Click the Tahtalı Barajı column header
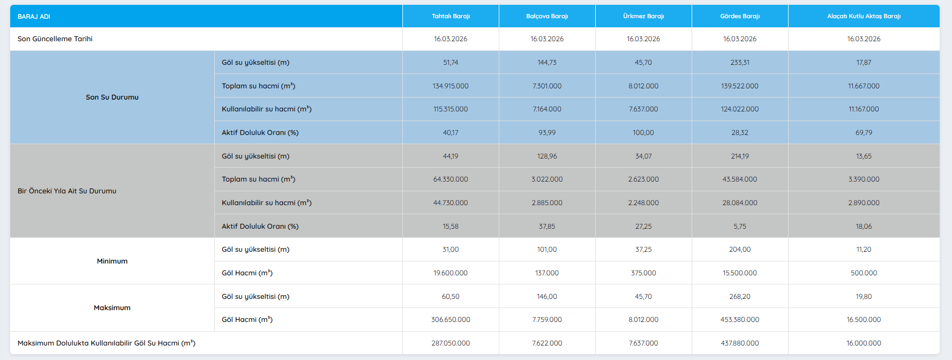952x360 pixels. (x=451, y=16)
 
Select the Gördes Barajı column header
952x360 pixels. (x=740, y=16)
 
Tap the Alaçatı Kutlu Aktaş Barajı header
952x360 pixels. (x=864, y=16)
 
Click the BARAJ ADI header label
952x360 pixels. (x=34, y=17)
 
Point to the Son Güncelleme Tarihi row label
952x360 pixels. (x=55, y=39)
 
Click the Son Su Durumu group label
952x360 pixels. (x=112, y=97)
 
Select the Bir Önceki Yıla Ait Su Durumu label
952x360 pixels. (x=67, y=191)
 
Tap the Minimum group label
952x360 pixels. (x=112, y=261)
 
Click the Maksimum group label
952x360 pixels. (x=112, y=308)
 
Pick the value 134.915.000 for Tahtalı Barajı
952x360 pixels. (x=451, y=86)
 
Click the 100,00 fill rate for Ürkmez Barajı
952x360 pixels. (x=643, y=133)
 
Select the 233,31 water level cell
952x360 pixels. (x=740, y=63)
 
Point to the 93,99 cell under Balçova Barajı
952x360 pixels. (x=547, y=133)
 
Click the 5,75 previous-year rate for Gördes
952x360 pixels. (x=740, y=227)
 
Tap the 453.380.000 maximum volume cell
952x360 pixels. (x=740, y=320)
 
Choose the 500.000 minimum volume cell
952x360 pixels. (x=864, y=273)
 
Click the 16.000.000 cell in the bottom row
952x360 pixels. (x=864, y=343)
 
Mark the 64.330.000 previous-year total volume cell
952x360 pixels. (x=451, y=179)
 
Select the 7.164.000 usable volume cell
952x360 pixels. (x=547, y=109)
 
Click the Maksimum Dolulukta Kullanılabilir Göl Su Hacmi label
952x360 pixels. (x=106, y=343)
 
